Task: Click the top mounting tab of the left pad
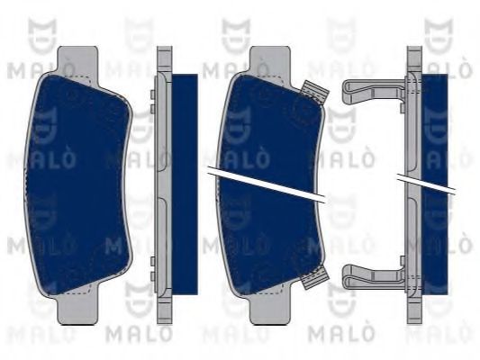[77, 59]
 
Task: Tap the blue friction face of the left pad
[78, 185]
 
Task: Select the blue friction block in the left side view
[185, 184]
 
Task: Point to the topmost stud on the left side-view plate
[152, 94]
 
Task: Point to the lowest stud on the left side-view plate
[152, 276]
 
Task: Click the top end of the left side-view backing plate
[165, 48]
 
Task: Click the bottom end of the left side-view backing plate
[165, 322]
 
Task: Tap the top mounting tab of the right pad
[270, 59]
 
